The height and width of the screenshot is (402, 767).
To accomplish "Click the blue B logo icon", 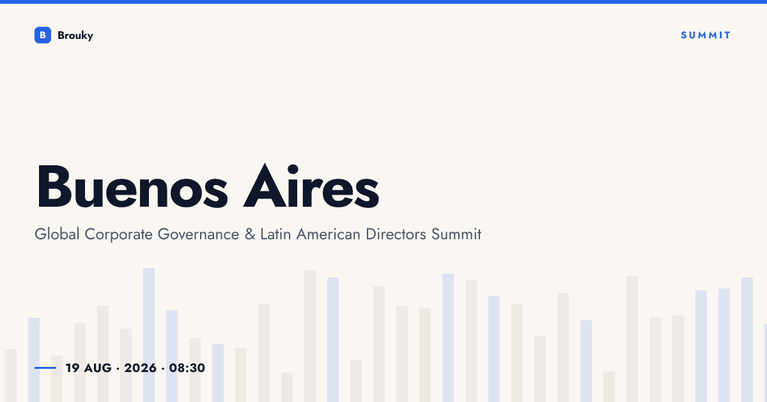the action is [43, 35].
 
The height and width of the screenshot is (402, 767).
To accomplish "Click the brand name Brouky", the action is [75, 36].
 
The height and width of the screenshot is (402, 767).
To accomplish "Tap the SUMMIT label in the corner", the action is [706, 35].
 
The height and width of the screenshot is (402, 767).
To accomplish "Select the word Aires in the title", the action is [311, 186].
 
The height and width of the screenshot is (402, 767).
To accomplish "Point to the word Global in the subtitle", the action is [57, 234].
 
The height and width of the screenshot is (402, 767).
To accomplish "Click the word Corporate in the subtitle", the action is [118, 235].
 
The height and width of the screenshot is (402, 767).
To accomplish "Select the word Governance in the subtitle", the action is [198, 235].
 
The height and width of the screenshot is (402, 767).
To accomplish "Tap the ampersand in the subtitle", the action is [250, 235].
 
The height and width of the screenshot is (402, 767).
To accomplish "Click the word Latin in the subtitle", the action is [275, 234].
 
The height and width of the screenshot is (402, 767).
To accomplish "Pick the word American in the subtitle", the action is [329, 235].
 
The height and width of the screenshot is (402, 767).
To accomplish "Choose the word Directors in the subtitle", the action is [396, 235].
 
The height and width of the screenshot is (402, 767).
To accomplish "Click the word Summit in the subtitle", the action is [456, 234].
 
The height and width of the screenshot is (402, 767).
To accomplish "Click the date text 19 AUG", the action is [89, 368].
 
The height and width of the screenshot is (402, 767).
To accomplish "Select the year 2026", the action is [140, 368].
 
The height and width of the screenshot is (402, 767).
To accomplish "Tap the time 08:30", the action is [187, 368].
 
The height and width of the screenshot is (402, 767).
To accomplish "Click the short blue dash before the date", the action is [45, 368].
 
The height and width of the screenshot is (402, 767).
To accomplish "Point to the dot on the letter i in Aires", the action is [293, 170].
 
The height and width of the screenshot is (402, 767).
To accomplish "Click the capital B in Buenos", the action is [54, 186].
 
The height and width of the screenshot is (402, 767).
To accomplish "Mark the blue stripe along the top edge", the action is [383, 2].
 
